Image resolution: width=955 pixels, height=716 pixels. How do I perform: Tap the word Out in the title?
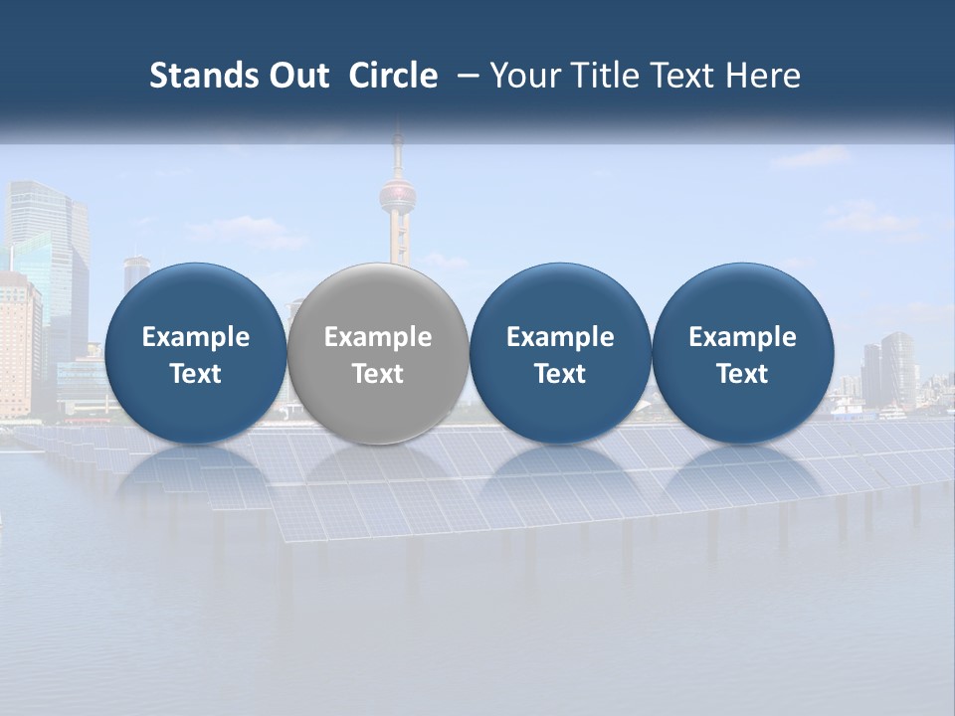295,76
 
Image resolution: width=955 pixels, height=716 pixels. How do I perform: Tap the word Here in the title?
762,76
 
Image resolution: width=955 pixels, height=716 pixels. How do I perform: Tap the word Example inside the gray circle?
377,337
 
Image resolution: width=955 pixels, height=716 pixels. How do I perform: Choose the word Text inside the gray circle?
377,374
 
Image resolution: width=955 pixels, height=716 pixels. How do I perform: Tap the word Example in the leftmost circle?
195,337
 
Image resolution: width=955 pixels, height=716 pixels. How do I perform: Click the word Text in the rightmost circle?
742,374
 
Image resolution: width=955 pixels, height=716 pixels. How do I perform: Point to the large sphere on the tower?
399,192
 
